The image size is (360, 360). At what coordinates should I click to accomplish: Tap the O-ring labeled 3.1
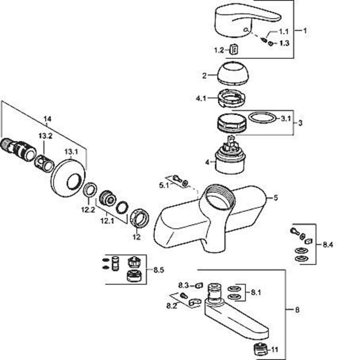(262, 117)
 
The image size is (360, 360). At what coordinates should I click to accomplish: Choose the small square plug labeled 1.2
(233, 50)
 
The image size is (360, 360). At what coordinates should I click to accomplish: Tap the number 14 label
(47, 119)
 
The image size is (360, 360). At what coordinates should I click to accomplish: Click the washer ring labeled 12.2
(90, 190)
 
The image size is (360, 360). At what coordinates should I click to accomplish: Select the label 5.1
(164, 185)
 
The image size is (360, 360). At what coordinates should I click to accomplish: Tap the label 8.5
(159, 270)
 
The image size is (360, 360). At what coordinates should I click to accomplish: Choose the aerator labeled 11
(261, 349)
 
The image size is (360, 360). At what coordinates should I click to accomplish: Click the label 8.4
(328, 245)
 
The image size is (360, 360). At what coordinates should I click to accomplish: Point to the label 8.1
(256, 292)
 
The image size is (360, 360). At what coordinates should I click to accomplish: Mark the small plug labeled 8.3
(199, 285)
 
